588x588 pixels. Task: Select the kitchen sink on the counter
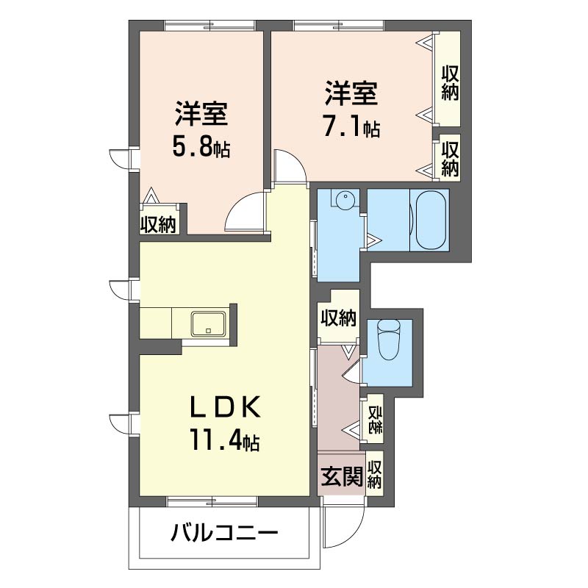[x=209, y=324]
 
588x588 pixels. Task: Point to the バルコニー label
[x=225, y=533]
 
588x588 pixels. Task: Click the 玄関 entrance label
[x=341, y=477]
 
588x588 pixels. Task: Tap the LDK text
[x=223, y=406]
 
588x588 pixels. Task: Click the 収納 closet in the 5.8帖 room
[x=158, y=223]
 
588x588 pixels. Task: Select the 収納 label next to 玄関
[x=375, y=476]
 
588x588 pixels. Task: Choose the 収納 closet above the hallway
[x=338, y=318]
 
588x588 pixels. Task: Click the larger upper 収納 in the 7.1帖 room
[x=450, y=80]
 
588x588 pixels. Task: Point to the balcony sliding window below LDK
[x=212, y=501]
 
